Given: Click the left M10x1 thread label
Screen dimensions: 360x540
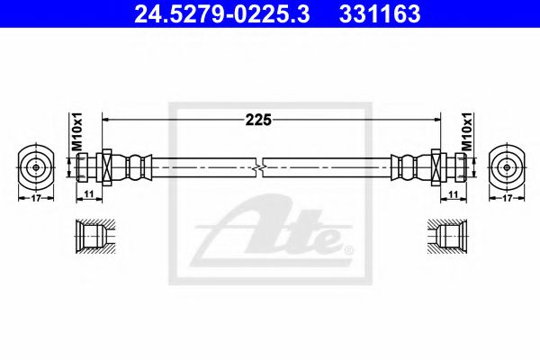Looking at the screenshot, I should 76,131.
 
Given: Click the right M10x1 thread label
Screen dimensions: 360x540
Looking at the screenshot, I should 465,131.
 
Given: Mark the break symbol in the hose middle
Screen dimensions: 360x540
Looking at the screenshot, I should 261,167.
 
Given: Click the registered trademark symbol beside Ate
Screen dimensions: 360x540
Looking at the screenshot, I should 347,248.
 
